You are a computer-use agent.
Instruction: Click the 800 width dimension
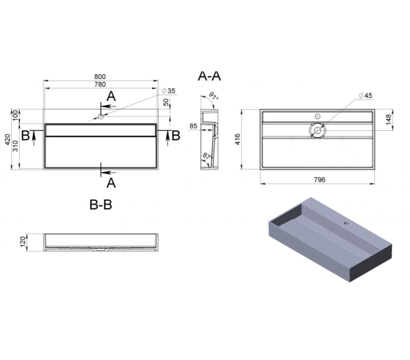tap(100, 77)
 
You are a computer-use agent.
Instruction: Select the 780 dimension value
tap(100, 84)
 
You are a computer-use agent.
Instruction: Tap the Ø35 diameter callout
tap(169, 91)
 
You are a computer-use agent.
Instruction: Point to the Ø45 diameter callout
tap(365, 95)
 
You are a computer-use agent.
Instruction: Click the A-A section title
tap(209, 76)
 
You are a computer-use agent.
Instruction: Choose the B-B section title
tap(101, 205)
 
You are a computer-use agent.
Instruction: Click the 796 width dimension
tap(320, 179)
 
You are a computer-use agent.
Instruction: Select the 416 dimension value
tap(237, 139)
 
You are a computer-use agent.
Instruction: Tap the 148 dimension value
tap(389, 119)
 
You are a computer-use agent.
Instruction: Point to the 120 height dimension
tap(23, 242)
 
